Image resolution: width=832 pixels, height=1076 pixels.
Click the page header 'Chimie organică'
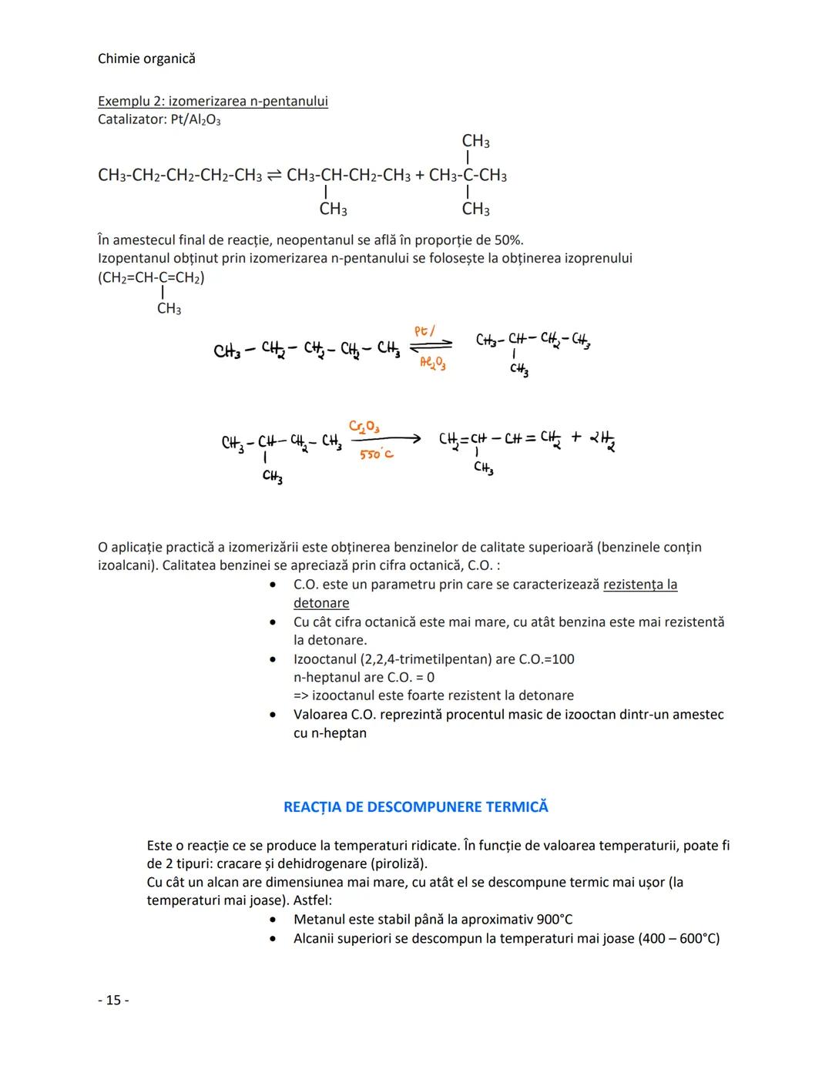coord(146,59)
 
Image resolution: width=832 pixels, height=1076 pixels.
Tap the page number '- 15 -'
coord(113,1000)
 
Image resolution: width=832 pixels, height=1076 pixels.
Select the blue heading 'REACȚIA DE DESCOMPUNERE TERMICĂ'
coord(416,806)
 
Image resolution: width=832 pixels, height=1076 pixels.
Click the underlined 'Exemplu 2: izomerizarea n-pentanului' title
coord(213,101)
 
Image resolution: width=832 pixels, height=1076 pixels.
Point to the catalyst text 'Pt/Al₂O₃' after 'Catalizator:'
coord(196,120)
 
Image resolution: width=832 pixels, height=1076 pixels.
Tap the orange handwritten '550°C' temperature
coord(376,454)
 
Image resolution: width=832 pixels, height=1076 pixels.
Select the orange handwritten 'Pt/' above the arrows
coord(424,330)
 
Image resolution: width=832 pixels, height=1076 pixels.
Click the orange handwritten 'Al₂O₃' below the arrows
coord(432,362)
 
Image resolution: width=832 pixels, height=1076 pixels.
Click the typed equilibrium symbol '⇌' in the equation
coord(273,176)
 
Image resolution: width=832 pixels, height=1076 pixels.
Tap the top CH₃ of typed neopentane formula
coord(475,141)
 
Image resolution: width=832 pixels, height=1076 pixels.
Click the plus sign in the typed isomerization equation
coord(419,176)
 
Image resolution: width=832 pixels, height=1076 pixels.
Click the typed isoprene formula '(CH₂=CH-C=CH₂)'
coord(151,277)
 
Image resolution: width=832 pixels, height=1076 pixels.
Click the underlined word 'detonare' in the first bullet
coord(321,603)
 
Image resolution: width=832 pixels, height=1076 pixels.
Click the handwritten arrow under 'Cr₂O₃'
coord(385,439)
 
